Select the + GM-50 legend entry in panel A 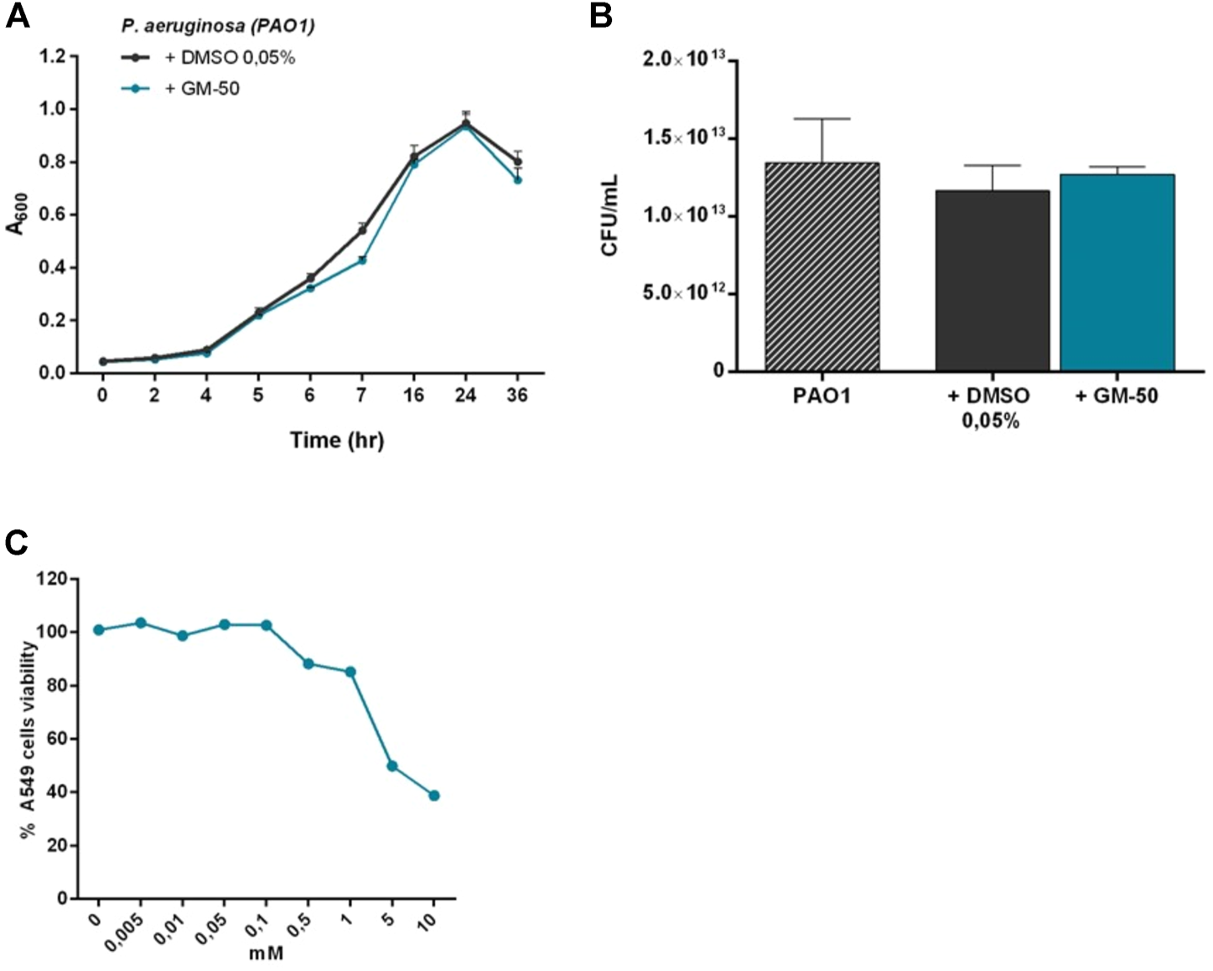tap(201, 88)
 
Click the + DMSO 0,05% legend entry tap(229, 58)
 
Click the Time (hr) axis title tap(336, 440)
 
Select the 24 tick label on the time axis tap(465, 395)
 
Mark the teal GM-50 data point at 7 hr tap(362, 261)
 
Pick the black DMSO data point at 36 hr tap(517, 162)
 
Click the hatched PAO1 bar tap(822, 266)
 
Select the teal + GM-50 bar tap(1117, 272)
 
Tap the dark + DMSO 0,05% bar tap(992, 281)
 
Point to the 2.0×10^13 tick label tap(683, 60)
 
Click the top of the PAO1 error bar tap(822, 119)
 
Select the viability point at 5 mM tap(391, 766)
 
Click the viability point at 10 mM tap(433, 795)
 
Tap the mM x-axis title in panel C tap(266, 953)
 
